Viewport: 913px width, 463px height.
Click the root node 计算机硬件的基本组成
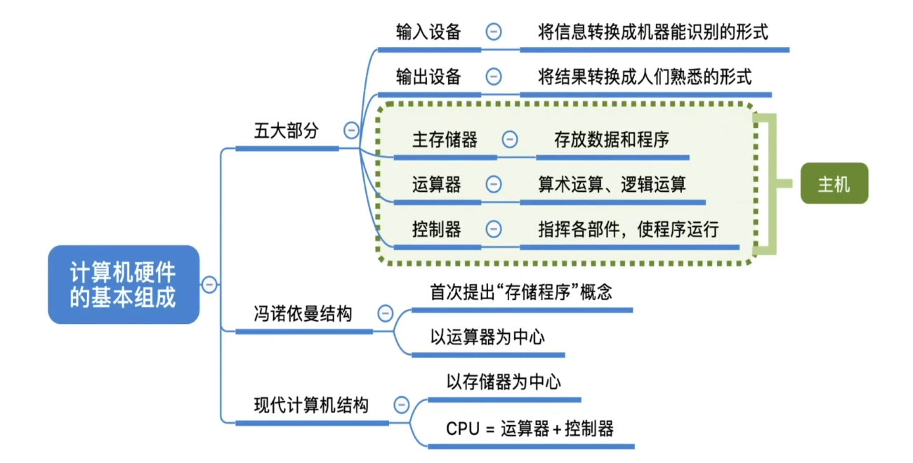[x=123, y=285]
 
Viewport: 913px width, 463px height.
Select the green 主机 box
[x=834, y=184]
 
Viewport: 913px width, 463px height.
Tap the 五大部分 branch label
[x=286, y=131]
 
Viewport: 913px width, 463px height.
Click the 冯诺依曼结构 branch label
[x=302, y=314]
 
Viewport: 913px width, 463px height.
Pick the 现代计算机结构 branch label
[x=310, y=405]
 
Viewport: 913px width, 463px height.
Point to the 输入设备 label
[x=428, y=32]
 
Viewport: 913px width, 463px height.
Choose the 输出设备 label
[x=428, y=77]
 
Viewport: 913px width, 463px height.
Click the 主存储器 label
[x=444, y=140]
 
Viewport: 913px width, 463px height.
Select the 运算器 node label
[x=436, y=185]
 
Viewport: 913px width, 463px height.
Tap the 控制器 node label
[x=436, y=229]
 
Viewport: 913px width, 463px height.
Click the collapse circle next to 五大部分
[x=350, y=130]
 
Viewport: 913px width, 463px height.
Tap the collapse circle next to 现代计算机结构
[x=401, y=405]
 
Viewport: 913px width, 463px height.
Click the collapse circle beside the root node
[x=209, y=284]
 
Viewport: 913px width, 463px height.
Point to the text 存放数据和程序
[x=611, y=140]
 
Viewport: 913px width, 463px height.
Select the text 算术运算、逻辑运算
[x=612, y=185]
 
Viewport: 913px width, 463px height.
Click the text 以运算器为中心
[x=487, y=337]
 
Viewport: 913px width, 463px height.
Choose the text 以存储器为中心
[x=504, y=382]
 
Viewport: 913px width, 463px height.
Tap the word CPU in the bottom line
[x=461, y=429]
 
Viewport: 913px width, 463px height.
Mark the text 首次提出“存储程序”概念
[x=520, y=292]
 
